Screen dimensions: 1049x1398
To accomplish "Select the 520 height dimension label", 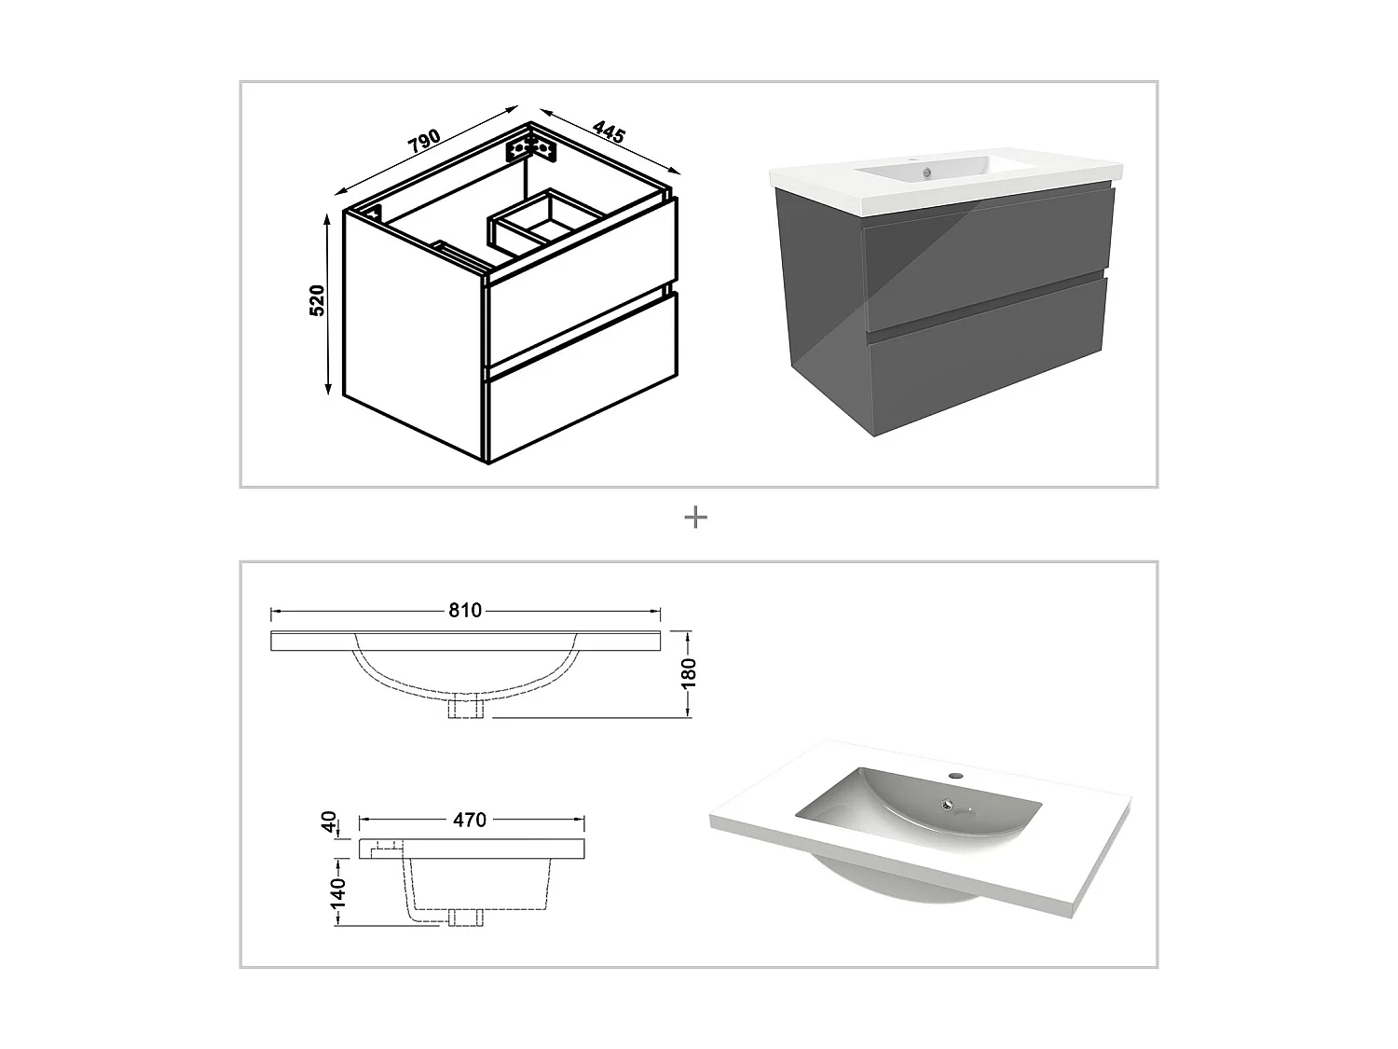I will (318, 300).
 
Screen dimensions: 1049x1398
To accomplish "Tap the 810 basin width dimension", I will (465, 611).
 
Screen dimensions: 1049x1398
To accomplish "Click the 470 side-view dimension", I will (470, 820).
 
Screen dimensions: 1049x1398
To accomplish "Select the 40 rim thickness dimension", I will (328, 821).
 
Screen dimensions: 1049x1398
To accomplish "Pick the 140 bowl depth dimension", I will (337, 892).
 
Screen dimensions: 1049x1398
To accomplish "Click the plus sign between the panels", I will (695, 518).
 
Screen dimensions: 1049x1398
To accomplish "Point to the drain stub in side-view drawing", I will (463, 917).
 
